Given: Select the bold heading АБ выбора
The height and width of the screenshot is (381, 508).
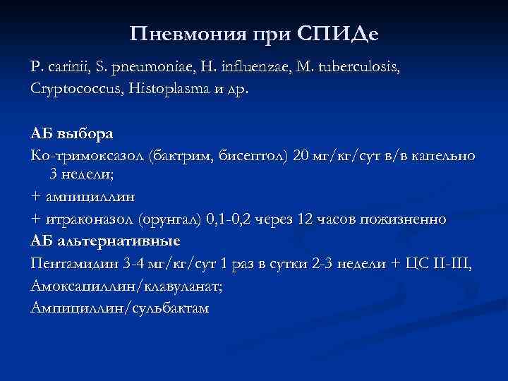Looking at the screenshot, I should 71,133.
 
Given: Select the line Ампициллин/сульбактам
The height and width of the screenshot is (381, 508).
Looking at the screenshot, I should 121,308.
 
